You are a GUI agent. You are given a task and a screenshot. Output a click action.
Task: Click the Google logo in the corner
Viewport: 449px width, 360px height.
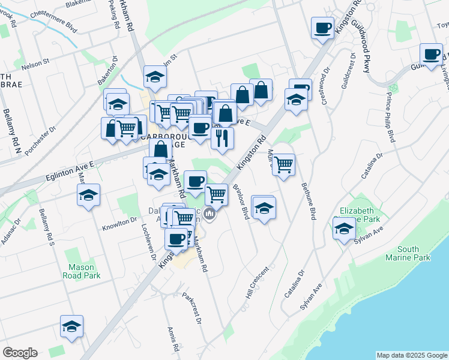pos(20,353)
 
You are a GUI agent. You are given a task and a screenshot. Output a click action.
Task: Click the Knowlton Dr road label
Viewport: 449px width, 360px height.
pos(120,223)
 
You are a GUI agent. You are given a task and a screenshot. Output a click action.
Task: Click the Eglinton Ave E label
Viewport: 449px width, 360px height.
pos(70,170)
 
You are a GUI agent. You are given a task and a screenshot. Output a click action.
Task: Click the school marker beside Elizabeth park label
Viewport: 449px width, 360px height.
pos(345,228)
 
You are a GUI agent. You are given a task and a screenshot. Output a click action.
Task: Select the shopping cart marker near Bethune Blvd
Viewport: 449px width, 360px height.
pos(283,164)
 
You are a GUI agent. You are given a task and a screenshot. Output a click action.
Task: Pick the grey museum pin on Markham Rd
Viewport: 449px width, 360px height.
pos(209,214)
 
